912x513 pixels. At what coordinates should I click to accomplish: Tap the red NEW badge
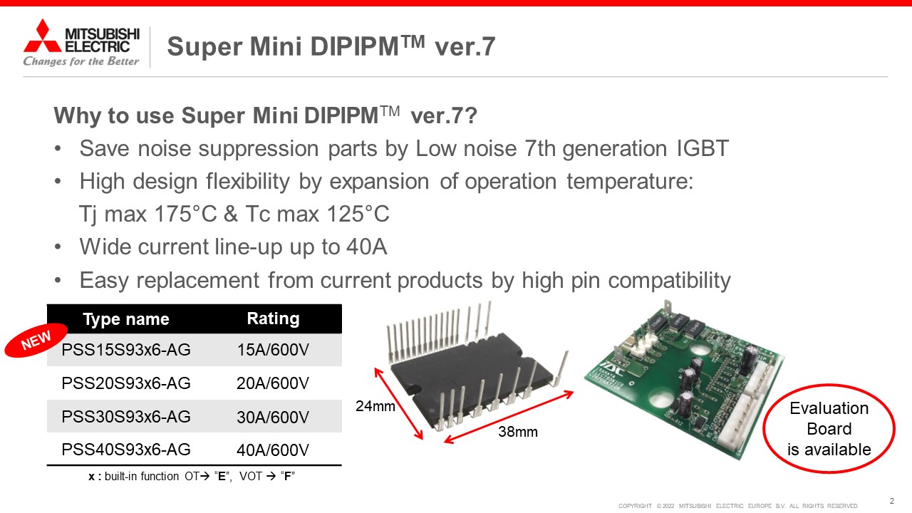pyautogui.click(x=36, y=340)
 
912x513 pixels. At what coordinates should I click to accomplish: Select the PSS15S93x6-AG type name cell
pyautogui.click(x=126, y=350)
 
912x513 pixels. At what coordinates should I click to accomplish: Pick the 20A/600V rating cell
pyautogui.click(x=273, y=383)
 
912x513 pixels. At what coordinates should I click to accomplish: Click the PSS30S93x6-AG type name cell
pyautogui.click(x=126, y=417)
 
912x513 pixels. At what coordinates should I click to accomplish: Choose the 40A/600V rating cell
pyautogui.click(x=273, y=450)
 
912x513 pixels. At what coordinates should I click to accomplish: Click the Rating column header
pyautogui.click(x=273, y=318)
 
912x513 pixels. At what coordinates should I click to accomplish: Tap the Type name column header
pyautogui.click(x=126, y=319)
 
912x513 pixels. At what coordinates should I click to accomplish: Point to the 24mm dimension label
pyautogui.click(x=375, y=406)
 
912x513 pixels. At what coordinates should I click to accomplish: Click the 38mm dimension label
pyautogui.click(x=518, y=432)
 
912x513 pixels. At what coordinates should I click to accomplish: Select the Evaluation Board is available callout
pyautogui.click(x=829, y=429)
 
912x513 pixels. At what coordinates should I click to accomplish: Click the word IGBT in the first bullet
pyautogui.click(x=703, y=148)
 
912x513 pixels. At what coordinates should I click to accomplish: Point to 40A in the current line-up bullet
pyautogui.click(x=366, y=247)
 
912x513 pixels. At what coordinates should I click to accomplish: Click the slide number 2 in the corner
pyautogui.click(x=891, y=501)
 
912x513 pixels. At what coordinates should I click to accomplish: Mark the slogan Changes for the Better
pyautogui.click(x=81, y=61)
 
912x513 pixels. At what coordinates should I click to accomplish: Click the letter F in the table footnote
pyautogui.click(x=287, y=476)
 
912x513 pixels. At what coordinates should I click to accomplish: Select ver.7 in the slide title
pyautogui.click(x=465, y=46)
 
